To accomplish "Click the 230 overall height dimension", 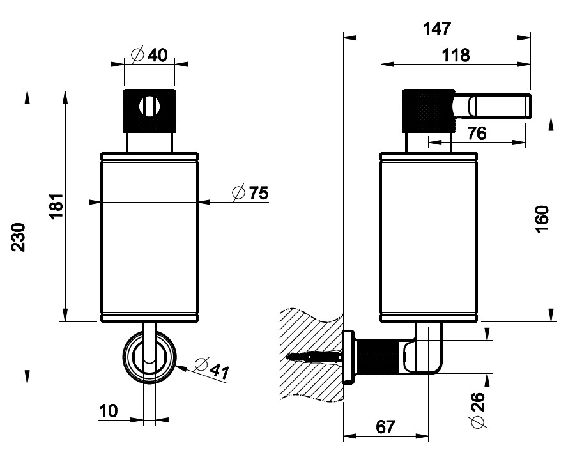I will click(x=18, y=237).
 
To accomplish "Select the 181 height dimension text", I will click(x=57, y=206).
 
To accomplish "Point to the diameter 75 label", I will click(x=250, y=193).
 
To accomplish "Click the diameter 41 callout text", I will click(x=210, y=369).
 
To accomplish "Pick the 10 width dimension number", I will click(x=109, y=412).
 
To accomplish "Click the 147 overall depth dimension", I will click(x=437, y=29).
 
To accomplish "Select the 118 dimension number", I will click(x=456, y=56).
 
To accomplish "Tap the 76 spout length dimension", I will click(x=477, y=134).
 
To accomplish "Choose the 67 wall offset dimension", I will click(x=386, y=427).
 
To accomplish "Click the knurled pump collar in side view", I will click(x=427, y=110).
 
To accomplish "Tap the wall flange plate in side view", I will click(x=349, y=357).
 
